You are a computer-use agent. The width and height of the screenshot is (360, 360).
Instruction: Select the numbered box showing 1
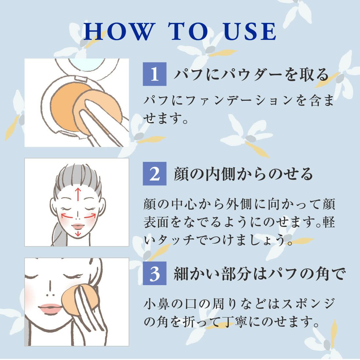pos(154,74)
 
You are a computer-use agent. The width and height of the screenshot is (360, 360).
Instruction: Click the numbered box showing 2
pos(154,174)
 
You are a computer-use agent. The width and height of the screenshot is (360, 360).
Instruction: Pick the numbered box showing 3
pos(154,273)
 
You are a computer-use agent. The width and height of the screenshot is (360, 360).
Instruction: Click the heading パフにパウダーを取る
pos(251,75)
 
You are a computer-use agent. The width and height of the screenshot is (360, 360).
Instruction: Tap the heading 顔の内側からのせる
pos(243,174)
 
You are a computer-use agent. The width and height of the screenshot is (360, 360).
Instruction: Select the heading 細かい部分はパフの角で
pos(260,273)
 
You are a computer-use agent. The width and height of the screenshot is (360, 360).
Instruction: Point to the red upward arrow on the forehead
pos(78,194)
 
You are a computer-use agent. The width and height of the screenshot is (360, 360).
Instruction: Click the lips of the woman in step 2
pos(78,226)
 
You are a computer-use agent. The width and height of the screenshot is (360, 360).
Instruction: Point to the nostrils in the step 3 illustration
pos(50,295)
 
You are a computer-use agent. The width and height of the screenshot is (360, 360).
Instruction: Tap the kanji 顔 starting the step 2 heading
pos(181,174)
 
